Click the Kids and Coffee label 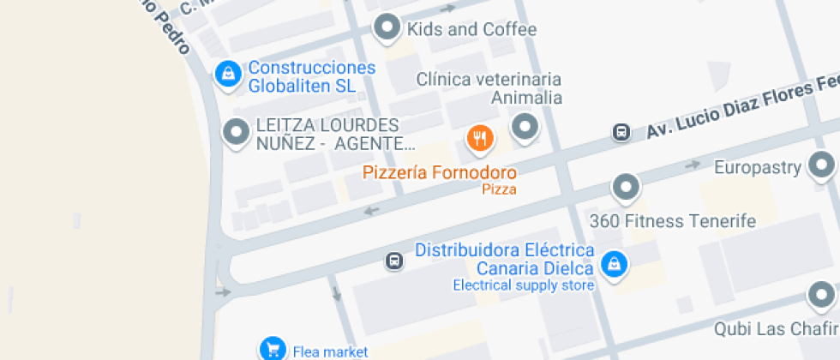click(x=471, y=29)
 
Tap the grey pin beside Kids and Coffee click(x=387, y=27)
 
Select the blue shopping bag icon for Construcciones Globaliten click(x=227, y=75)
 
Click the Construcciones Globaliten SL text click(x=312, y=76)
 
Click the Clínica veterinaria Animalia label click(x=489, y=87)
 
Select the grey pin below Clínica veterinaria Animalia click(x=525, y=129)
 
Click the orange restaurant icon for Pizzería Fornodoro click(x=479, y=137)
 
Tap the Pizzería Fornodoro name click(x=440, y=172)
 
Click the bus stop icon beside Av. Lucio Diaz click(x=621, y=132)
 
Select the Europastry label click(x=757, y=166)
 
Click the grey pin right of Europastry click(x=822, y=165)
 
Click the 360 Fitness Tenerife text click(x=673, y=221)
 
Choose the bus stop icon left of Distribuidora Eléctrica click(x=394, y=260)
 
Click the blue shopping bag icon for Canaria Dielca click(x=614, y=265)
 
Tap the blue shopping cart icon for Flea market click(x=273, y=348)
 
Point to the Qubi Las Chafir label click(x=776, y=328)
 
